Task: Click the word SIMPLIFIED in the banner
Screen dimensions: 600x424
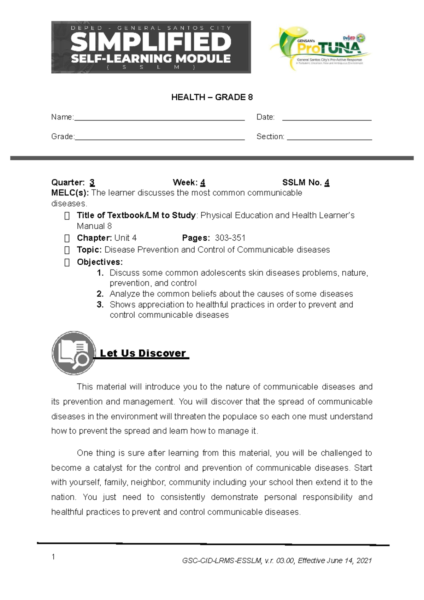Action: tap(151, 42)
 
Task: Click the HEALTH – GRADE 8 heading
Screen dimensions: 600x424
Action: tap(212, 97)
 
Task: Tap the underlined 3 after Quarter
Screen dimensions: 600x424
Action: tap(92, 183)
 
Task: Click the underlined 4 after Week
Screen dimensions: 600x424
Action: tap(202, 183)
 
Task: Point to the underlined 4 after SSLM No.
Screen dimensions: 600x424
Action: tap(327, 183)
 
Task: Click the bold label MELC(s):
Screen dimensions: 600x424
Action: tap(70, 193)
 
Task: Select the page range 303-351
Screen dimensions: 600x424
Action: tap(230, 238)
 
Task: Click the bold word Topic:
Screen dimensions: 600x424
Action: tap(89, 250)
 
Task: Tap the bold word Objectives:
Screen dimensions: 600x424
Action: tap(100, 262)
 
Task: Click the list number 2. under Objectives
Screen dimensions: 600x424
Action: tap(100, 294)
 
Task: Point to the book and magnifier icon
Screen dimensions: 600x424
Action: tap(73, 353)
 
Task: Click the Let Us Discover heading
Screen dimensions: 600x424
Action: tap(143, 353)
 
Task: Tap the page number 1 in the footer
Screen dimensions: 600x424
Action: tap(53, 557)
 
